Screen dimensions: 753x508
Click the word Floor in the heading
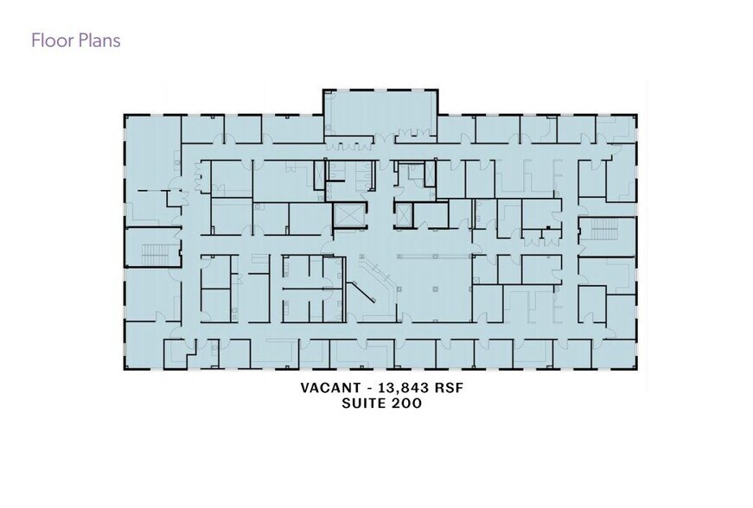(51, 41)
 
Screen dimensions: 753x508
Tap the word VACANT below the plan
(330, 388)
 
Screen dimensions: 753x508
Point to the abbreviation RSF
(450, 388)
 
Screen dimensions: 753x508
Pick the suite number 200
(406, 403)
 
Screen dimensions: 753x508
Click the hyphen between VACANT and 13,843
(369, 388)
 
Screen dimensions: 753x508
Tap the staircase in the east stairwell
(604, 229)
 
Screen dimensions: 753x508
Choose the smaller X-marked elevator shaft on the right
(404, 215)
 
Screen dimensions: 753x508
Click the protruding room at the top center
(380, 113)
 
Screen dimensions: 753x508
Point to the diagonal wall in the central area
(361, 292)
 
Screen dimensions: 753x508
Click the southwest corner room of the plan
(144, 346)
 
